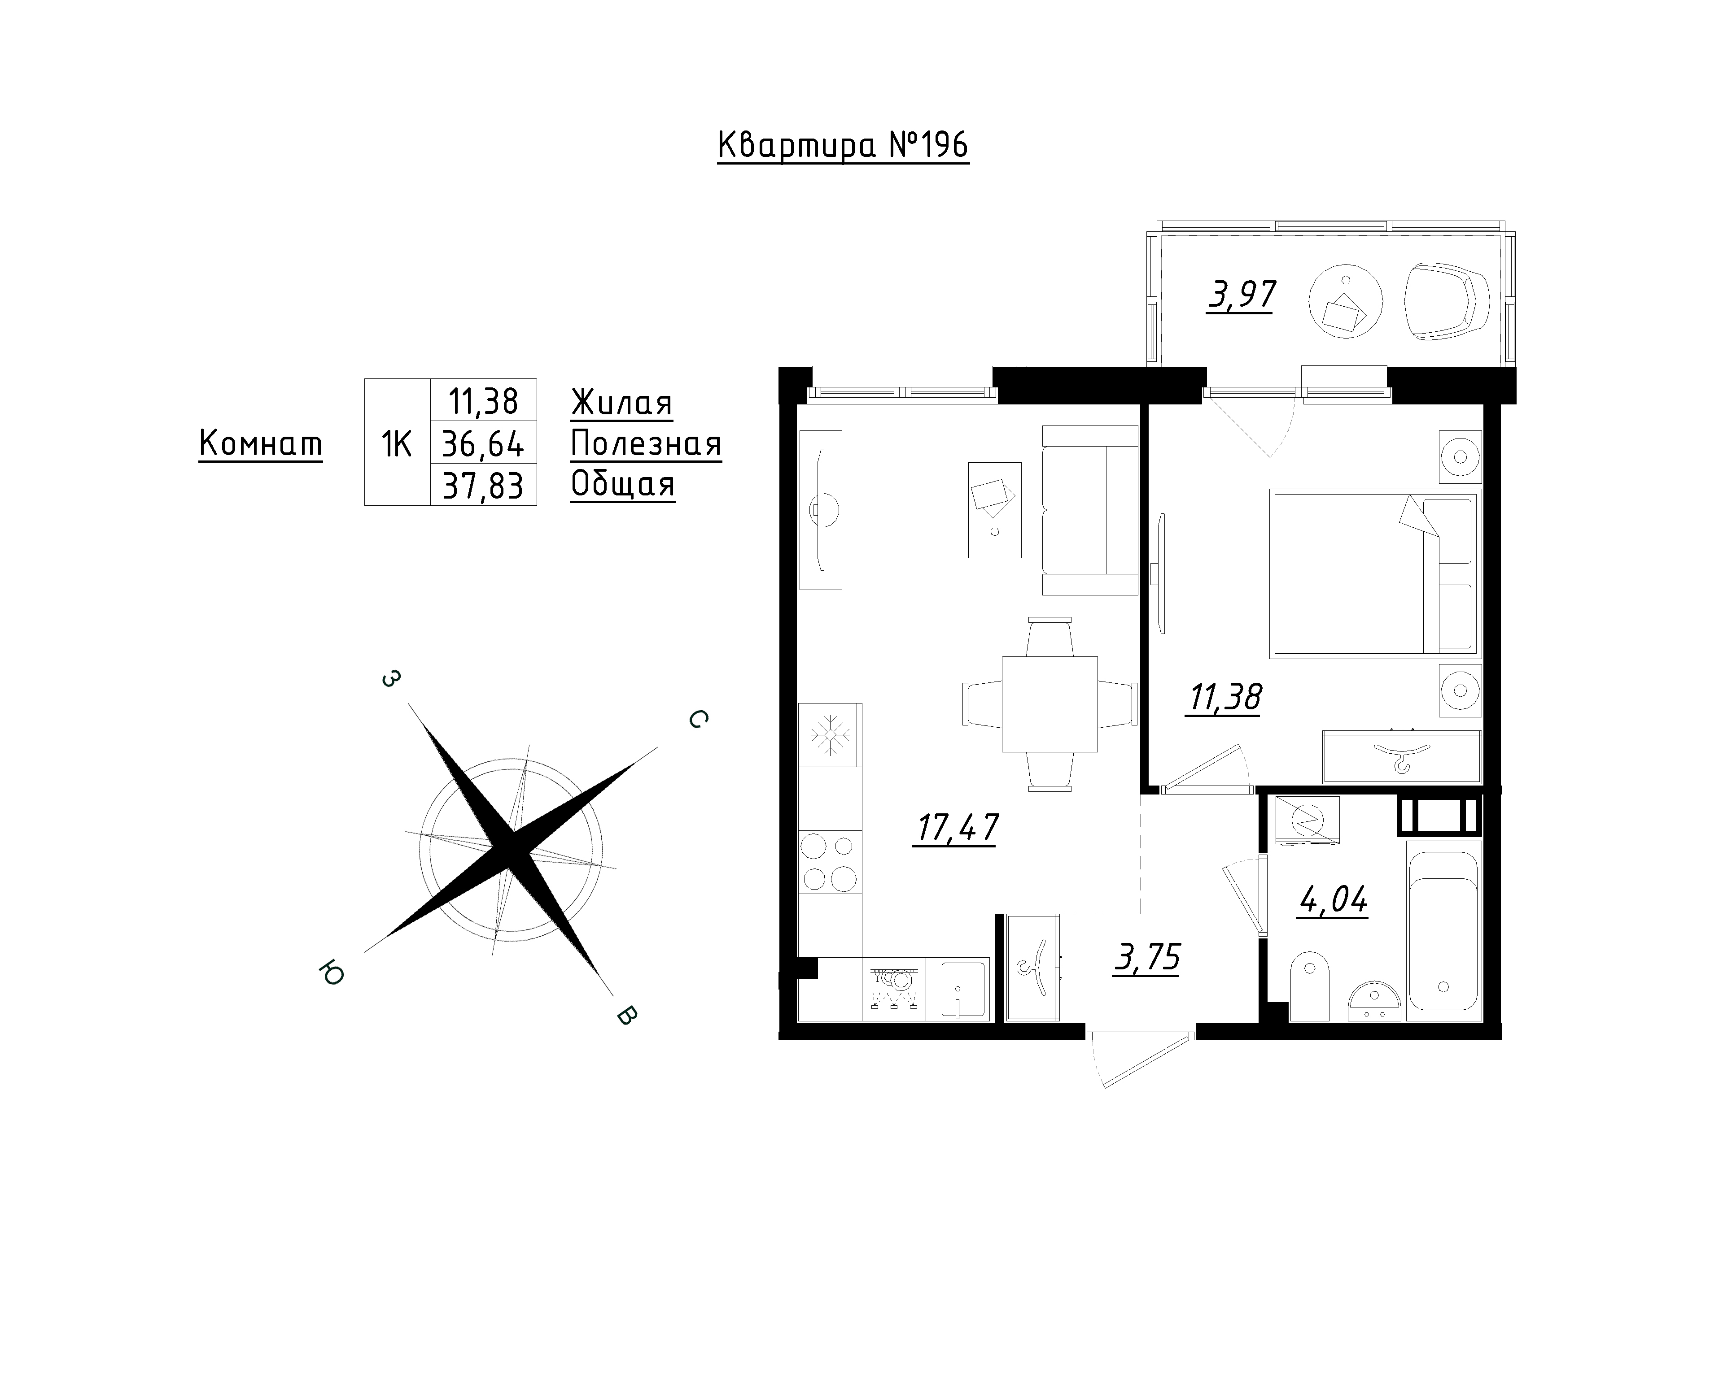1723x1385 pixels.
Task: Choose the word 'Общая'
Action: click(x=622, y=485)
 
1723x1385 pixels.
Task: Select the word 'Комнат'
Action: click(x=261, y=443)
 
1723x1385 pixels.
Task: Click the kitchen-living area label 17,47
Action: click(x=956, y=828)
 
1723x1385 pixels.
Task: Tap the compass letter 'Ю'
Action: click(x=331, y=974)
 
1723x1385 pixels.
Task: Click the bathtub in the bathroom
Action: click(x=1444, y=930)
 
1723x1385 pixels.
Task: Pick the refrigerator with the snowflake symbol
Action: click(x=831, y=736)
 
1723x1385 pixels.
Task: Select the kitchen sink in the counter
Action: click(x=966, y=989)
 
